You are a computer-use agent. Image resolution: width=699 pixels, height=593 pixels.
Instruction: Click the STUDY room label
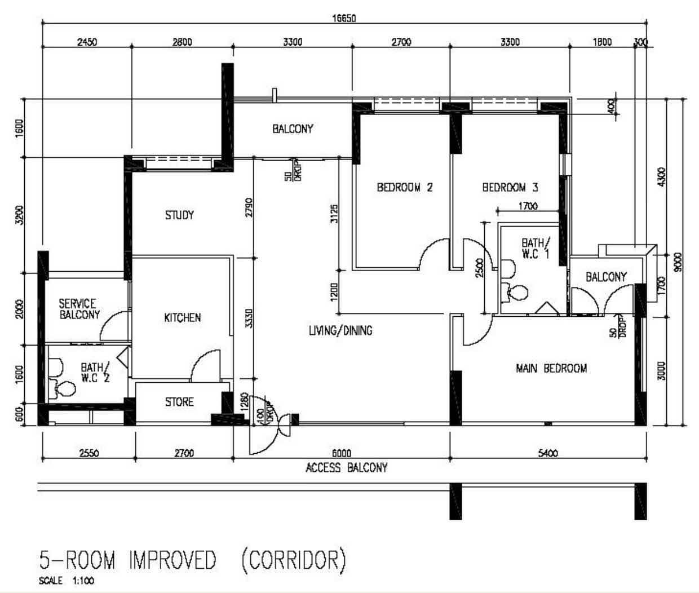click(179, 215)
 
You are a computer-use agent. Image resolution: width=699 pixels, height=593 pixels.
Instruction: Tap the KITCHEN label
click(182, 317)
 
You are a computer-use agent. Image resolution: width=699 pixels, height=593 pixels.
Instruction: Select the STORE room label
click(179, 402)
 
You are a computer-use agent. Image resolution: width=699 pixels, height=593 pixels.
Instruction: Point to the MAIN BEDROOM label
click(551, 368)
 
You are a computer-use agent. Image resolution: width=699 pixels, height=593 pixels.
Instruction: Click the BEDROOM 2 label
click(405, 187)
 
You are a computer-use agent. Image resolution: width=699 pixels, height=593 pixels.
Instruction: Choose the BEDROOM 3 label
click(510, 187)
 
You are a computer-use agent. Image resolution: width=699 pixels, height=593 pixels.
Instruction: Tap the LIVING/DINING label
click(340, 330)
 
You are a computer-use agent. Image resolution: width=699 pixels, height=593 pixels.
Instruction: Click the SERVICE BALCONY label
click(79, 309)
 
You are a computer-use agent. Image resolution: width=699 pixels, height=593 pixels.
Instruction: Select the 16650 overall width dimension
click(344, 18)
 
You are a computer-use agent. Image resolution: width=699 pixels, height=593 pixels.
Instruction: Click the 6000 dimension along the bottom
click(342, 453)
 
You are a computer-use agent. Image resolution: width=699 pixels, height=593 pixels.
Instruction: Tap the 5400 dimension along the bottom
click(548, 453)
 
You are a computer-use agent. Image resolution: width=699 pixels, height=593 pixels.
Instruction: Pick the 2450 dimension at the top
click(87, 42)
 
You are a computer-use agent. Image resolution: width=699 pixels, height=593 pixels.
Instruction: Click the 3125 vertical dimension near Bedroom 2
click(334, 214)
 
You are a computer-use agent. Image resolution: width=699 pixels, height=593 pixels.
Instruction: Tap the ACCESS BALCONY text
click(346, 467)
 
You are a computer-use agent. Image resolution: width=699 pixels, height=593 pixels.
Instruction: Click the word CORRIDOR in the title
click(294, 560)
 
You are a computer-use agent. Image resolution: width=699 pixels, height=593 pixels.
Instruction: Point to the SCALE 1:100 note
click(67, 581)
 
